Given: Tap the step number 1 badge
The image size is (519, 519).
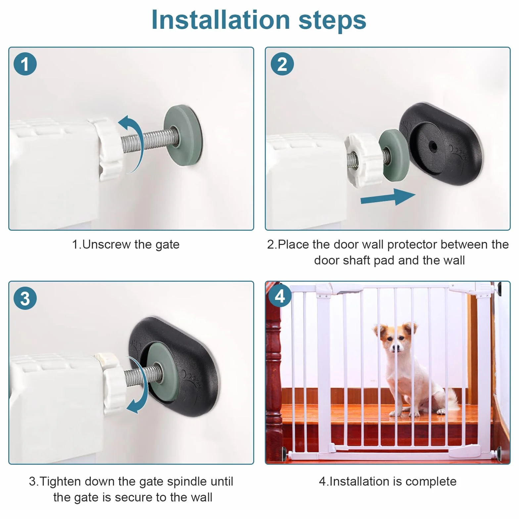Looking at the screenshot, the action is point(25,64).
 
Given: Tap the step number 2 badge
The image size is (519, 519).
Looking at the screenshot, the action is point(282,64).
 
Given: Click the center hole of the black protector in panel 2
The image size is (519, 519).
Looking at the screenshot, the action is point(432,146).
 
